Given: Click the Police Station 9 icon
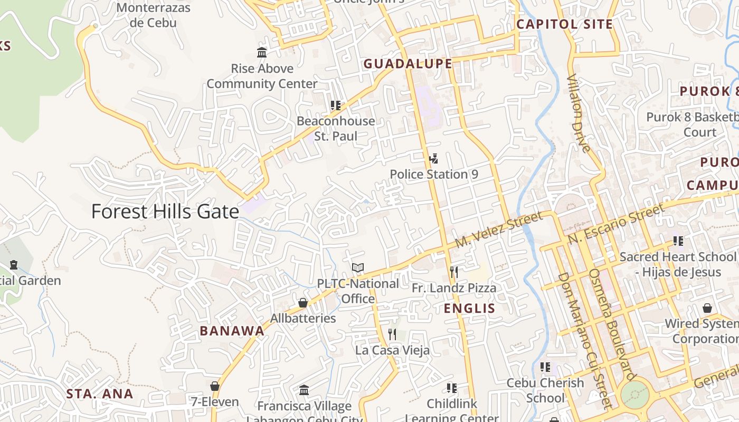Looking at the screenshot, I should [x=433, y=158].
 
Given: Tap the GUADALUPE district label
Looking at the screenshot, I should [x=408, y=64].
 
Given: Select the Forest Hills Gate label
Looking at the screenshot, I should [x=165, y=212].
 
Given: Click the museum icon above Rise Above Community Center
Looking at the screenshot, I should [x=262, y=52].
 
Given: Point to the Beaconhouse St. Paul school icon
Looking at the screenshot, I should [x=335, y=105].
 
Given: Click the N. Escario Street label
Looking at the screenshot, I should [x=617, y=224].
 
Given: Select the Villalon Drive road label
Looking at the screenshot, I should [x=579, y=113].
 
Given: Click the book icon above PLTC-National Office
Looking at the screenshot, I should [x=358, y=268].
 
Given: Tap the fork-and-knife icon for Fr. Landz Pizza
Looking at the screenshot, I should [x=453, y=272].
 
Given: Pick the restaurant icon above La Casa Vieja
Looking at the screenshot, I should [x=392, y=334].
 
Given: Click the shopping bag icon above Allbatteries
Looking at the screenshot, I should [x=303, y=303].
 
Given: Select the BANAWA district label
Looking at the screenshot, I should [x=232, y=331].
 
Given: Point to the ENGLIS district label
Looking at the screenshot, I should [x=469, y=308].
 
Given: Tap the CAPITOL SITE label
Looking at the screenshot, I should [x=564, y=24].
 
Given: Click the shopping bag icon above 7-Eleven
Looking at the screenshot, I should [x=214, y=386].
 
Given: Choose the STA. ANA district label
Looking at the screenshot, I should [x=100, y=394].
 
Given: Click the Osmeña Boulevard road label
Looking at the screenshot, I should [x=611, y=324].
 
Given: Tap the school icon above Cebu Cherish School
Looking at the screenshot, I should [x=545, y=367].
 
